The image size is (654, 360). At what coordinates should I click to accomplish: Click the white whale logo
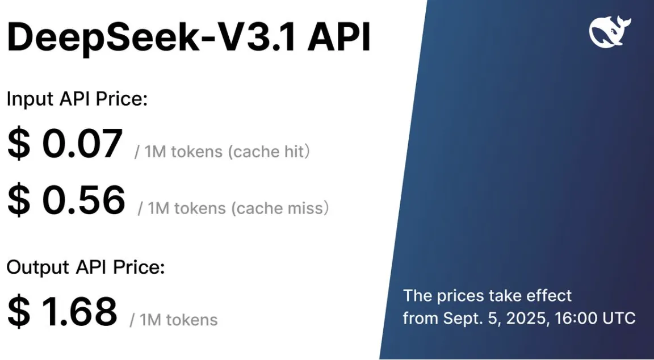tap(610, 32)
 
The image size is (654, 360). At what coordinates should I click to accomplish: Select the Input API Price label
tap(77, 99)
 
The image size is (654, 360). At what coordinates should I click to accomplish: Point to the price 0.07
tap(82, 144)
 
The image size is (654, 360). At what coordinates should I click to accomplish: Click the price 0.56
tap(83, 200)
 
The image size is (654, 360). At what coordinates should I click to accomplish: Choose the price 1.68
tap(79, 311)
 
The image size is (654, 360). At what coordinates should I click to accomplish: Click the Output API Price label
tap(86, 267)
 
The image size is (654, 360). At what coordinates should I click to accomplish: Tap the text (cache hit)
tap(270, 152)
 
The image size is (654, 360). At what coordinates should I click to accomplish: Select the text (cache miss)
tap(280, 208)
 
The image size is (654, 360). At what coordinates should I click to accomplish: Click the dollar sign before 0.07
tap(19, 144)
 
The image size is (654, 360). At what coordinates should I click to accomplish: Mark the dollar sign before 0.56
tap(19, 200)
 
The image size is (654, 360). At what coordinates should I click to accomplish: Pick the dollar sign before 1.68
tap(19, 312)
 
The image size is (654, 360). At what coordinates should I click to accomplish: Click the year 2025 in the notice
tap(523, 318)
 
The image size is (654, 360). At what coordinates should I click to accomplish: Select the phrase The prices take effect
tap(487, 296)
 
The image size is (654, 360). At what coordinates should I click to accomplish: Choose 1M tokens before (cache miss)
tap(186, 208)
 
